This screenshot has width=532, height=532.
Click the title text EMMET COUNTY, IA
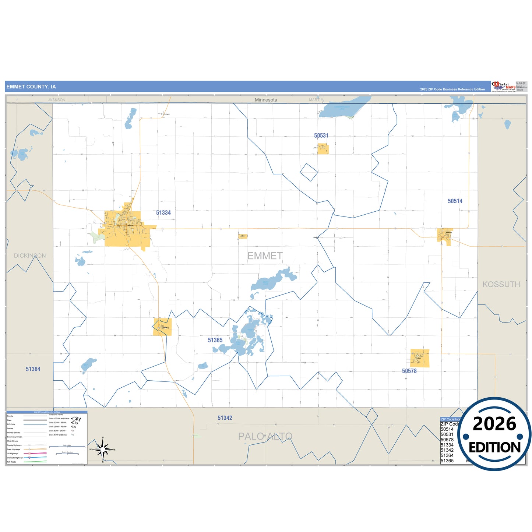point(31,87)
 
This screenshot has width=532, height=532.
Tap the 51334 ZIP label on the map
point(163,213)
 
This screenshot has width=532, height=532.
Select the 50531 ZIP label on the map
point(321,136)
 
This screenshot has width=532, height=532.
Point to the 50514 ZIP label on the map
point(455,201)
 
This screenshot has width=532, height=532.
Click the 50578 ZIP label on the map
point(409,371)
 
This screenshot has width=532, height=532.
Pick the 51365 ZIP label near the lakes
point(215,340)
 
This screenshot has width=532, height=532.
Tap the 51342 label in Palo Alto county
point(225,418)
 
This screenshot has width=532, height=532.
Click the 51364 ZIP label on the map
point(33,369)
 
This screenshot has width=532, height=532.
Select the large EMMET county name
point(265,256)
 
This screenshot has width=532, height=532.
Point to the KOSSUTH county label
point(501,284)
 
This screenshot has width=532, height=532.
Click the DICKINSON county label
point(30,256)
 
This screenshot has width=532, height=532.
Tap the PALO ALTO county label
point(265,436)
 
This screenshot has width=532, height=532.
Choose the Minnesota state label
point(266,100)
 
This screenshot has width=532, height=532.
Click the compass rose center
point(103,450)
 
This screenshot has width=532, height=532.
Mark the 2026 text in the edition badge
point(494,424)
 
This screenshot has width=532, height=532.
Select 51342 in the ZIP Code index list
point(447,450)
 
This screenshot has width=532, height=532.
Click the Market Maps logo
point(504,87)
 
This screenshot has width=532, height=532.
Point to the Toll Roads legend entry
point(12,462)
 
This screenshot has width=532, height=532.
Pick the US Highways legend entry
point(13,454)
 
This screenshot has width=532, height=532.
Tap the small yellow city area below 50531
point(323,149)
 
